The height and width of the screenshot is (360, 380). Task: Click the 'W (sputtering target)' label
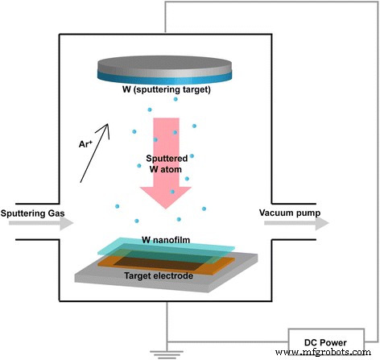[166, 89]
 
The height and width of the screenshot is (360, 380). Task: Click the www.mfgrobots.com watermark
[325, 353]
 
